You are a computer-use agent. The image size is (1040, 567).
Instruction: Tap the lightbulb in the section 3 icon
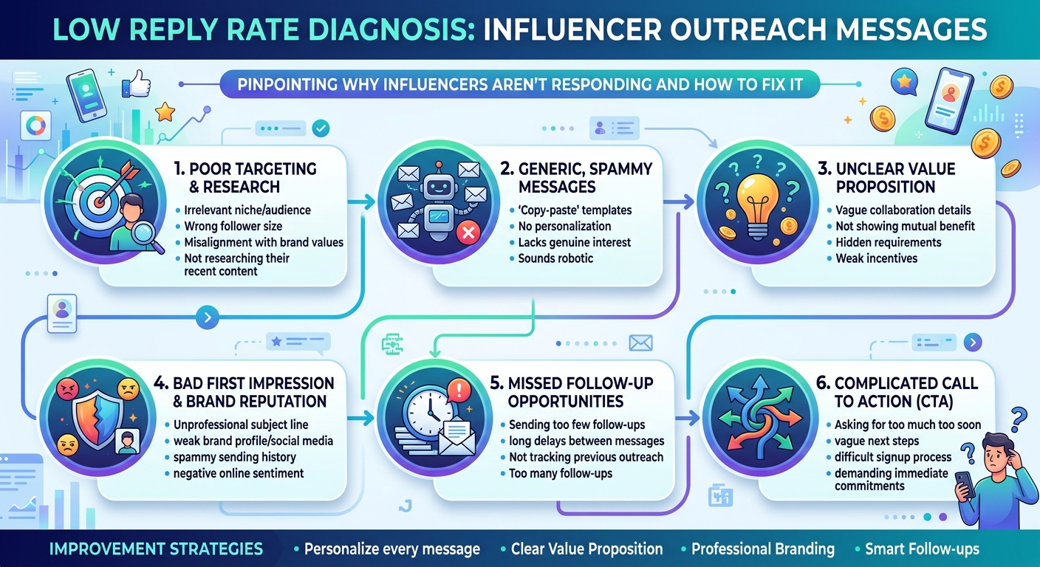point(758,206)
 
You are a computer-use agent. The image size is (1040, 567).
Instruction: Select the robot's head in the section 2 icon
point(438,187)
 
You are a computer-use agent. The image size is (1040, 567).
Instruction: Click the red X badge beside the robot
point(468,232)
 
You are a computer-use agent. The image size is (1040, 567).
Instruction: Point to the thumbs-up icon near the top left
point(137,84)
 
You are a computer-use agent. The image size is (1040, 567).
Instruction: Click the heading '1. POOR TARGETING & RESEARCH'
point(246,178)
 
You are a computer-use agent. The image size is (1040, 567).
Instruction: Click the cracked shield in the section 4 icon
point(99,419)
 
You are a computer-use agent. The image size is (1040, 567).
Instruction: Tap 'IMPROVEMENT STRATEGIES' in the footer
point(156,549)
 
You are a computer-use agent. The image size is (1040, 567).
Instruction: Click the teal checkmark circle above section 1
point(321,128)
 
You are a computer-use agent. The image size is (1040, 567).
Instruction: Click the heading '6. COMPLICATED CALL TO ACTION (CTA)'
point(897,392)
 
